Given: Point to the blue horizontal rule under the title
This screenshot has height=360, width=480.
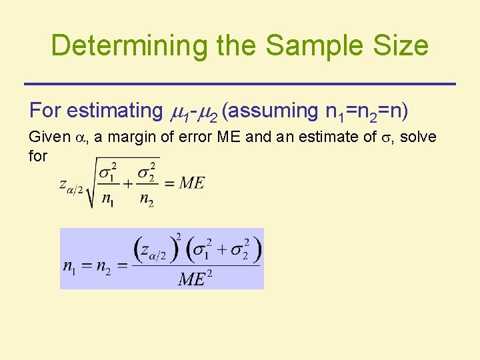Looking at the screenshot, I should click(240, 83).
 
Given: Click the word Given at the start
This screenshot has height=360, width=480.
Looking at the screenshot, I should click(49, 137).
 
